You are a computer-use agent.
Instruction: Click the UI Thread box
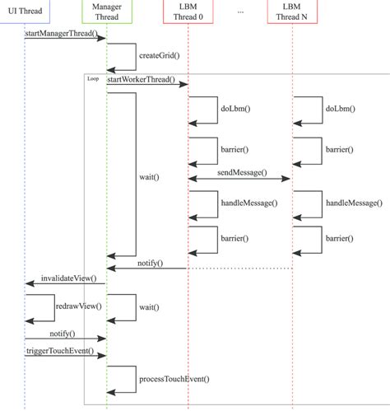(24, 12)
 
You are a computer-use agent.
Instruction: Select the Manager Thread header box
(106, 12)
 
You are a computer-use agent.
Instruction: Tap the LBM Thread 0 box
(188, 12)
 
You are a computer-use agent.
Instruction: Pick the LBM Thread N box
(292, 12)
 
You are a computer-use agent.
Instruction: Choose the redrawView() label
(78, 306)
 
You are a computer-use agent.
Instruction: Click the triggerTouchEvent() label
(64, 352)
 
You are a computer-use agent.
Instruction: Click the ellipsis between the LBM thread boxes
(239, 12)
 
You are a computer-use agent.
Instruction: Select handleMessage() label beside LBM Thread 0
(248, 202)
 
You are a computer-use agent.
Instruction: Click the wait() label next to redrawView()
(149, 306)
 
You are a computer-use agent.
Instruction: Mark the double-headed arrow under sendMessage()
(240, 178)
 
